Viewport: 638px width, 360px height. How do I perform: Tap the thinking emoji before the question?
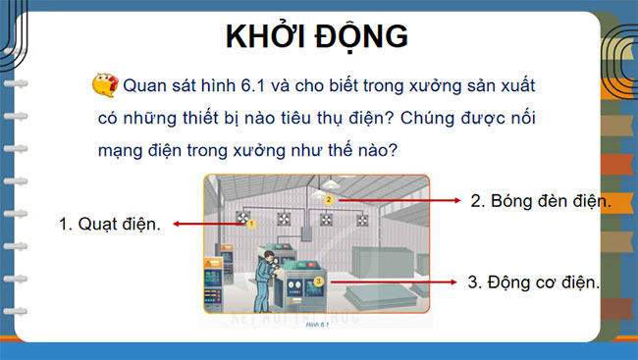click(x=105, y=85)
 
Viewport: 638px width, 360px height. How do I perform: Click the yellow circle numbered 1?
click(x=251, y=224)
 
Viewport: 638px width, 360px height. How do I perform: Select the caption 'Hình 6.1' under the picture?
click(x=315, y=324)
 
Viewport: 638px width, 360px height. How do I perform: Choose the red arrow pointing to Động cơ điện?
click(x=393, y=282)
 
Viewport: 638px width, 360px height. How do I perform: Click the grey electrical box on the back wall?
click(x=305, y=231)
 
